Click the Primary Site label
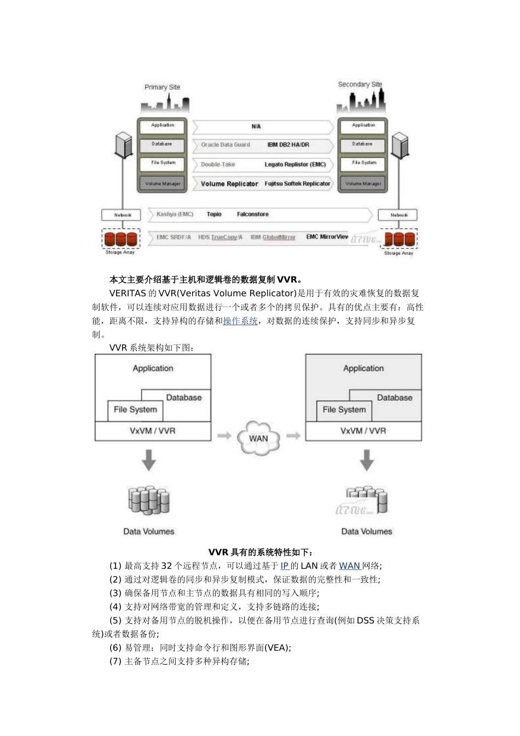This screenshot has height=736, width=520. [x=162, y=87]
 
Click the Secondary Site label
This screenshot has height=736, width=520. [x=360, y=84]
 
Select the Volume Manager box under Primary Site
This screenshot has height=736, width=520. [x=163, y=183]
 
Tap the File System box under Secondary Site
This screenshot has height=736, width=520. [x=363, y=163]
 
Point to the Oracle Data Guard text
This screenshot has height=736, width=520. [x=225, y=145]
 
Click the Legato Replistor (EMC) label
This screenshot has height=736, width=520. [x=295, y=164]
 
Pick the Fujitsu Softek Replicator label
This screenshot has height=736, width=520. [x=297, y=184]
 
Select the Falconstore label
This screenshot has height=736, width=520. [x=252, y=215]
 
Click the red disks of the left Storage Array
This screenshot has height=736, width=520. [x=120, y=239]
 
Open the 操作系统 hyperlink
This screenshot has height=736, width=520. [x=240, y=321]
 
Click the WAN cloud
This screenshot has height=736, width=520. [x=258, y=438]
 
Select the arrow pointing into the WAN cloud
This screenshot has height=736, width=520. [x=224, y=436]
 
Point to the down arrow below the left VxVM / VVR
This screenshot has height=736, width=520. [x=149, y=460]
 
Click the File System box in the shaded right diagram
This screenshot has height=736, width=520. [x=344, y=410]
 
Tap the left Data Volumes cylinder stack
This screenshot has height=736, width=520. [x=149, y=501]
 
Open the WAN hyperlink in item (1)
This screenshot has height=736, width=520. [x=350, y=566]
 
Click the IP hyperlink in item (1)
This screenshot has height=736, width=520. [x=285, y=566]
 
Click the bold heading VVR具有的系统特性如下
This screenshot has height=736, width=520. [x=260, y=552]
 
